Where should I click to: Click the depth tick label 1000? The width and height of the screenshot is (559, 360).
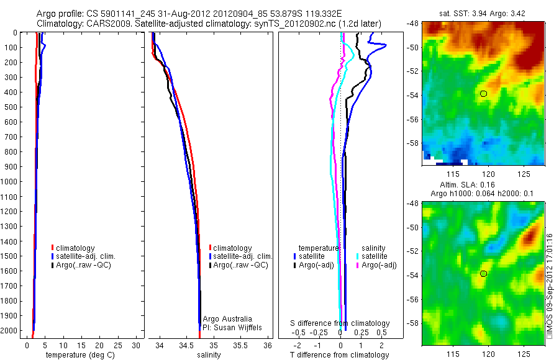click(x=11, y=182)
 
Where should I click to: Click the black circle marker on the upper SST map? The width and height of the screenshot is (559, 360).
click(x=483, y=94)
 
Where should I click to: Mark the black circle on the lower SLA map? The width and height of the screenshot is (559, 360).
click(x=483, y=274)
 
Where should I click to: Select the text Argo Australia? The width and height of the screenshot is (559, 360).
click(x=227, y=319)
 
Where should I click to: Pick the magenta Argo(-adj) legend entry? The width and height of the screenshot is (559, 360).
click(x=378, y=266)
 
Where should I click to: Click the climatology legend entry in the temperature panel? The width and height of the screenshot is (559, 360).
click(x=75, y=248)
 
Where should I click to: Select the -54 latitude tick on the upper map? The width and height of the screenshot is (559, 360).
click(x=413, y=95)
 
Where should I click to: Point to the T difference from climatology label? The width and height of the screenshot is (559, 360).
click(x=339, y=355)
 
